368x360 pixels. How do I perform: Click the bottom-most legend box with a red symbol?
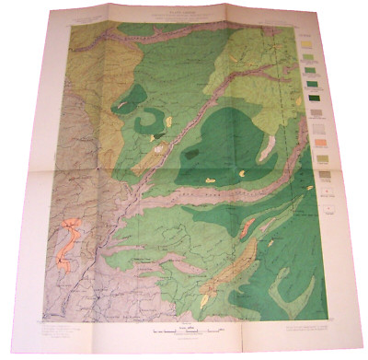tap(322, 190)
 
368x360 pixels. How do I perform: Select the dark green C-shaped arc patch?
tap(147, 122)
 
